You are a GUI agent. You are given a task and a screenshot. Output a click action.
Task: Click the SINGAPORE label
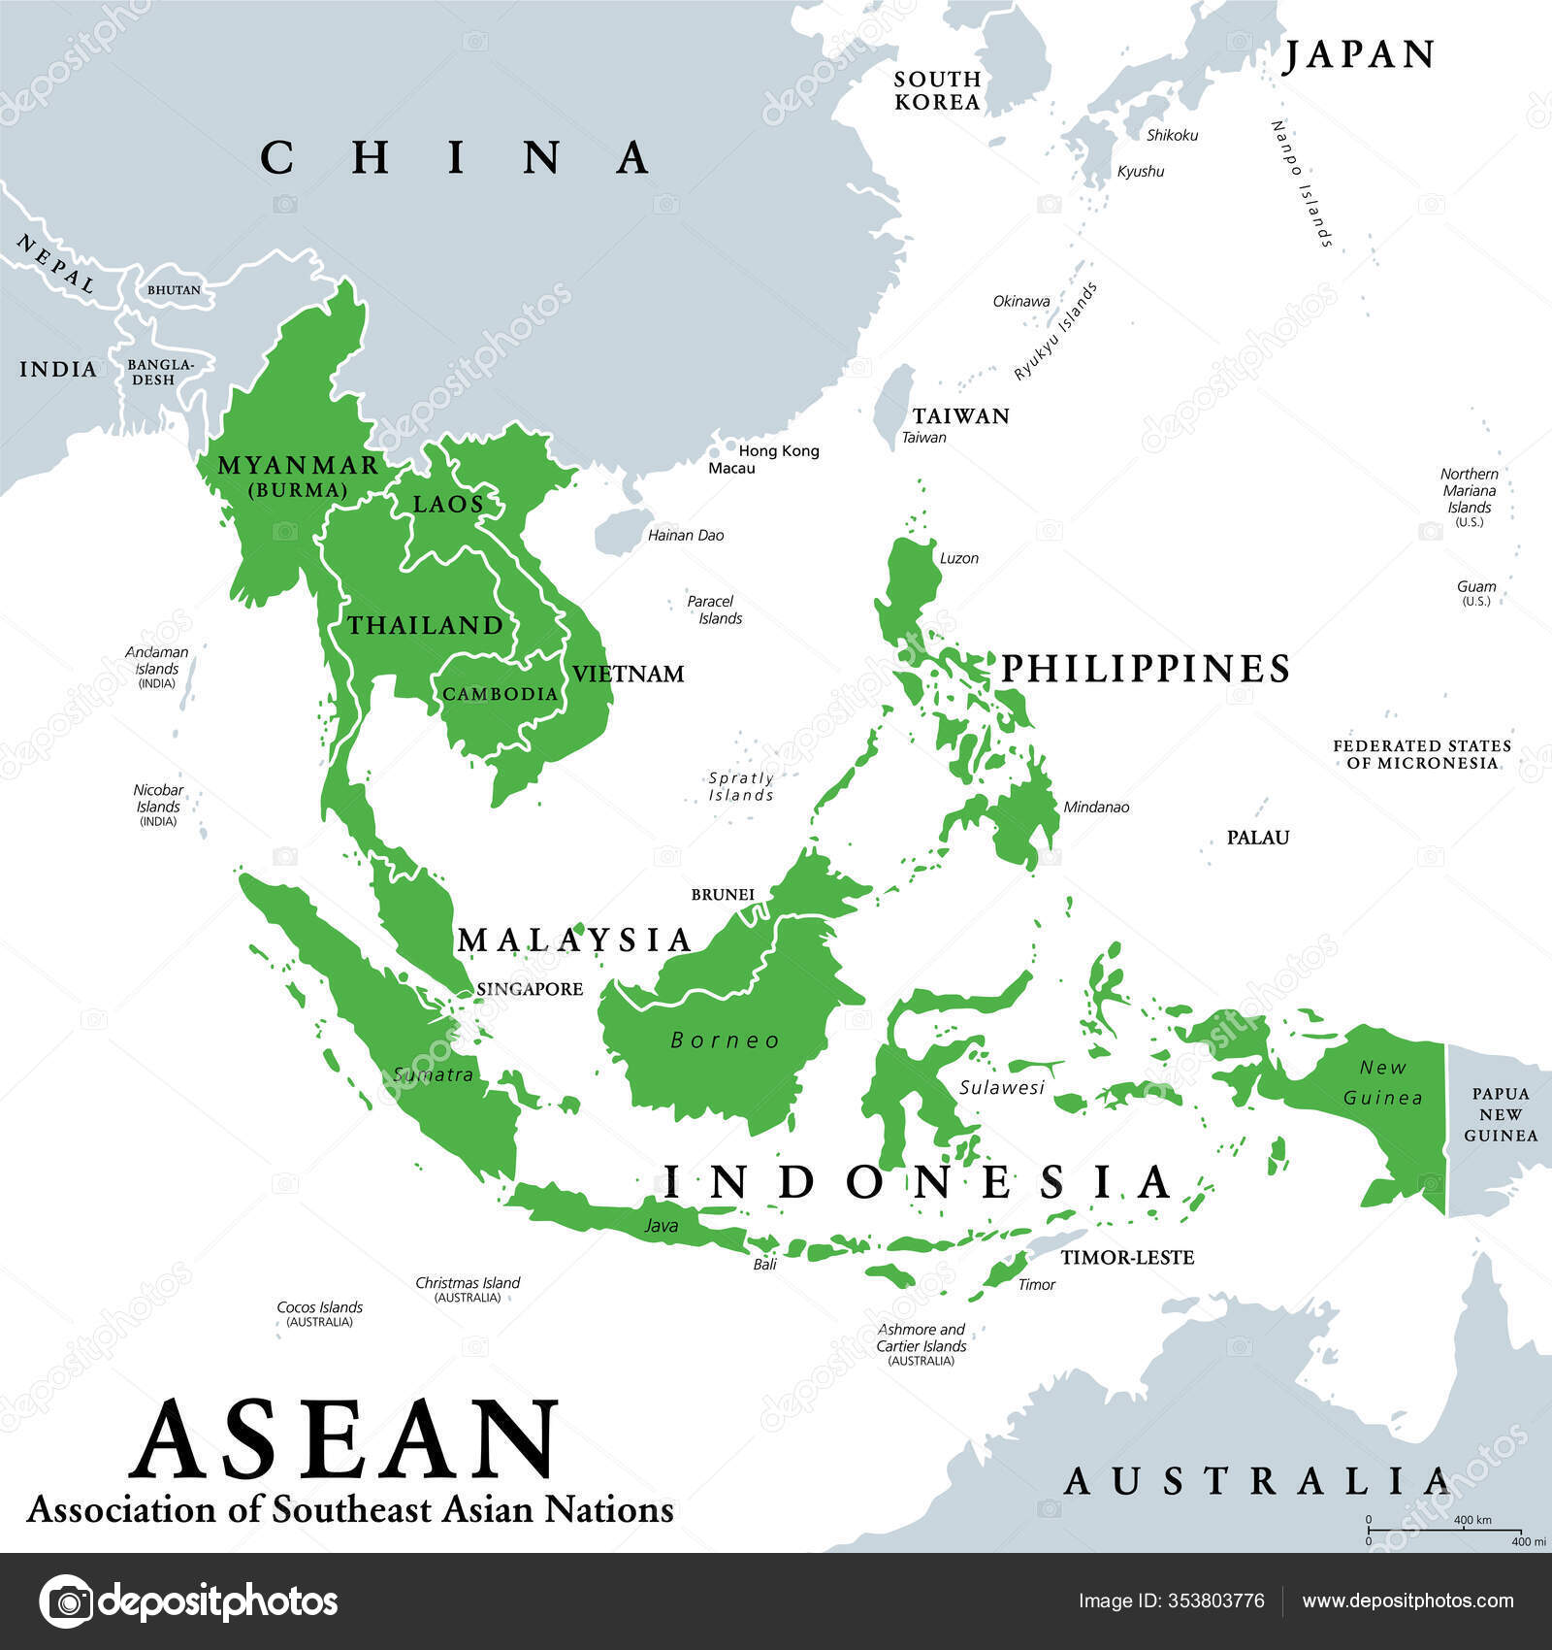pos(530,989)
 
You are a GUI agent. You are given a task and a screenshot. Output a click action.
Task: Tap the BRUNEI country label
pos(723,894)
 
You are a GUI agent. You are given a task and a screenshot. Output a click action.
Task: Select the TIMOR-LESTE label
pos(1127,1258)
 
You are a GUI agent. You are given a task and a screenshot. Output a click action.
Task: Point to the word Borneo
pos(726,1040)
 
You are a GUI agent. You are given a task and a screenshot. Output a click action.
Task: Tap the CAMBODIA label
pos(501,694)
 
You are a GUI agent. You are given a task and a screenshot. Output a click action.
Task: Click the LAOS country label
pos(448,504)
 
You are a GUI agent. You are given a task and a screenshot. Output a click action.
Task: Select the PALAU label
pos(1258,838)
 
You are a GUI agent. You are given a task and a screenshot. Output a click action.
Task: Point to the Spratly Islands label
pos(741,786)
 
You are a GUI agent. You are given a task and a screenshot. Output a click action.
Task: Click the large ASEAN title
pos(346,1438)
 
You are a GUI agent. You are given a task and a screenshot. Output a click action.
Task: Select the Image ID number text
pos(1171,1600)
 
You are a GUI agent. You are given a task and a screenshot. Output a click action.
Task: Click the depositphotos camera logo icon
pos(67,1601)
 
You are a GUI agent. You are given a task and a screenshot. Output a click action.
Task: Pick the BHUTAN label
pos(174,290)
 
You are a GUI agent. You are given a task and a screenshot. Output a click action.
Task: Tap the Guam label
pos(1475,587)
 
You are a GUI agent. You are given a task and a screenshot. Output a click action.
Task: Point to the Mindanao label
pos(1096,807)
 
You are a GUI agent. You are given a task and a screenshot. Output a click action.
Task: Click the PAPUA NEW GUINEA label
pos(1501,1114)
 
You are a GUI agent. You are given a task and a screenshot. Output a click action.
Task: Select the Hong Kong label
pos(779,451)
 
